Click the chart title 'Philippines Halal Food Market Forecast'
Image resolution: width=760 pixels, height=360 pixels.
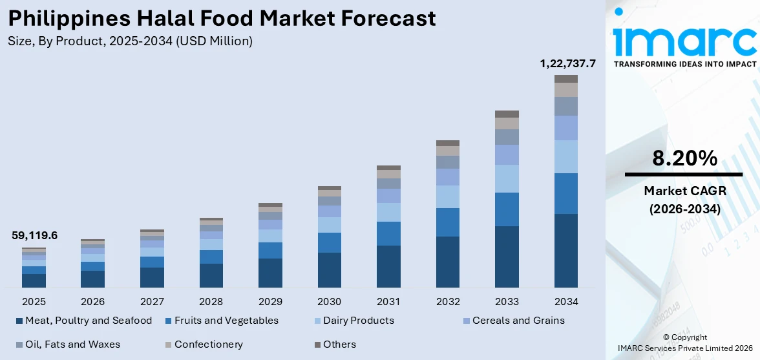[x=222, y=18]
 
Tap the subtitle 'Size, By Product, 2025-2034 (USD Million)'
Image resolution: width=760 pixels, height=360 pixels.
[x=130, y=41]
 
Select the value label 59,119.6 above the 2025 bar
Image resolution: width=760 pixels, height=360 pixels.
[x=34, y=236]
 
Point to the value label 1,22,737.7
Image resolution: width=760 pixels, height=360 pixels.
[x=567, y=63]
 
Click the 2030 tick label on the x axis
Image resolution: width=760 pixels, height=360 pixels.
[x=330, y=302]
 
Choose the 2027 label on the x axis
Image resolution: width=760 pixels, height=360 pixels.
[x=152, y=302]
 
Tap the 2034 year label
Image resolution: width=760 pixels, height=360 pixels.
[x=566, y=302]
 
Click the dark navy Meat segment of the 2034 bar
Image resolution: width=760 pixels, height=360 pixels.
[x=566, y=251]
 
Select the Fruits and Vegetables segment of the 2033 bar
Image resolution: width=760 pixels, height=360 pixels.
[x=507, y=209]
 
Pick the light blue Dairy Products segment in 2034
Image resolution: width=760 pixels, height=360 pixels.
[x=566, y=156]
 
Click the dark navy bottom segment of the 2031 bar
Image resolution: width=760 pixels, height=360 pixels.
[x=388, y=266]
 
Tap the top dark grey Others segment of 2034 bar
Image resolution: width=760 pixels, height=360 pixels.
[x=566, y=79]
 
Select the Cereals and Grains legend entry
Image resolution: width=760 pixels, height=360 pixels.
[x=518, y=321]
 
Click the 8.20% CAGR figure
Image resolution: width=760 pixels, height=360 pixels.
[x=684, y=158]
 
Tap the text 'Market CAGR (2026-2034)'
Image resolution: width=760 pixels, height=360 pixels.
[x=684, y=200]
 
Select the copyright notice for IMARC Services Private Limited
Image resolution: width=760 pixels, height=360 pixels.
[x=684, y=343]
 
